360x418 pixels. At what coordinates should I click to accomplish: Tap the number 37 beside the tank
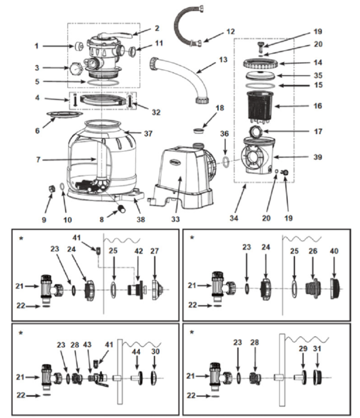[x=148, y=134]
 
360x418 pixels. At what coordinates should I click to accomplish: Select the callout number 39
[x=318, y=157]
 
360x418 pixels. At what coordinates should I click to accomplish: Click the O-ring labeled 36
[x=227, y=161]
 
